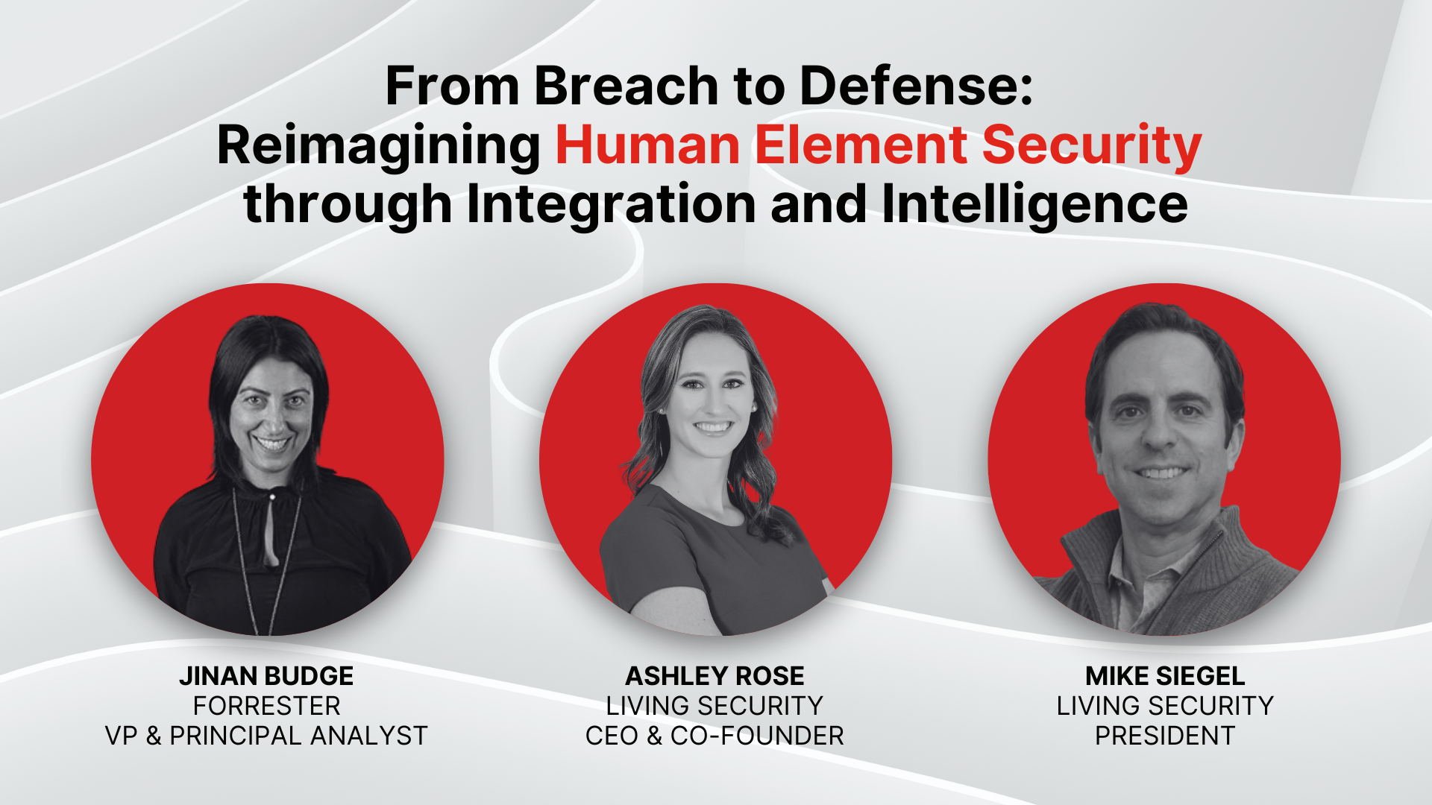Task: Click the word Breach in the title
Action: (x=626, y=86)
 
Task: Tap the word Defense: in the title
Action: (x=917, y=86)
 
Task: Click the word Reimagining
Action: (x=379, y=146)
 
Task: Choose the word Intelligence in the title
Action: (x=1034, y=204)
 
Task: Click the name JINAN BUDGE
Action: (x=266, y=676)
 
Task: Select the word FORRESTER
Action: (x=266, y=706)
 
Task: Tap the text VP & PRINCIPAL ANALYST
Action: (x=266, y=736)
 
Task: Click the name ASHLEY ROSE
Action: (x=715, y=676)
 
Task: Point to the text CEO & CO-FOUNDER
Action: (x=715, y=736)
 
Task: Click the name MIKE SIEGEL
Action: (x=1165, y=676)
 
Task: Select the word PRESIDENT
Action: (x=1165, y=736)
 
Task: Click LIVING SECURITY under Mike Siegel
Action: (x=1165, y=706)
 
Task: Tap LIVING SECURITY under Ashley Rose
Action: (x=715, y=706)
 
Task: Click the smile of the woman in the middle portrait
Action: (x=712, y=428)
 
